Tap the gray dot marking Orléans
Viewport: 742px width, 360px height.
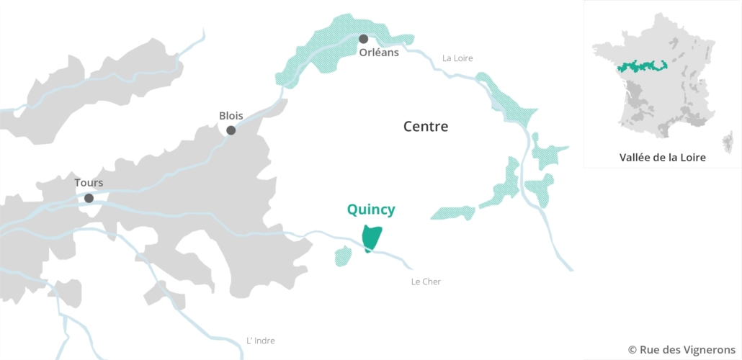pos(364,39)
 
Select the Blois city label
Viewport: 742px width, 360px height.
pos(231,115)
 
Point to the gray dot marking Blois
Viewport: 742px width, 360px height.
pos(231,130)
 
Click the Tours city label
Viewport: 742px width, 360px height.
pos(89,183)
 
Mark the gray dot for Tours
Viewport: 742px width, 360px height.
pos(89,198)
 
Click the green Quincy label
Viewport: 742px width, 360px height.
pos(371,210)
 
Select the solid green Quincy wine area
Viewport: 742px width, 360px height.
pos(372,236)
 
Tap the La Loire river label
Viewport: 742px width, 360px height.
pos(457,58)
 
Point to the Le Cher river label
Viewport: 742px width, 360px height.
pos(426,282)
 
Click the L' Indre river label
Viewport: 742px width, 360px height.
pos(261,341)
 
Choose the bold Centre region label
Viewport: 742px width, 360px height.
pos(426,127)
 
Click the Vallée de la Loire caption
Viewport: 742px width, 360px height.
pos(662,157)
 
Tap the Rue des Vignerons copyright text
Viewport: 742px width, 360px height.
pos(681,349)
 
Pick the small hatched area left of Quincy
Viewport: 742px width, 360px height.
pos(343,256)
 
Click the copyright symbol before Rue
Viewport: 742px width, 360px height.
pos(633,349)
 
